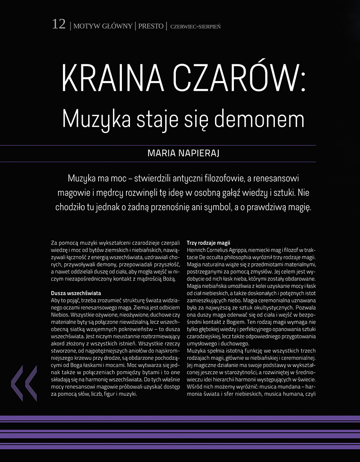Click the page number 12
pyautogui.click(x=59, y=25)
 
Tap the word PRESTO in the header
pyautogui.click(x=151, y=26)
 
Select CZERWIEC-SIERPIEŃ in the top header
pyautogui.click(x=195, y=27)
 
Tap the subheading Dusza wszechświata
pyautogui.click(x=76, y=293)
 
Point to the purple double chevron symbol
pyautogui.click(x=24, y=383)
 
